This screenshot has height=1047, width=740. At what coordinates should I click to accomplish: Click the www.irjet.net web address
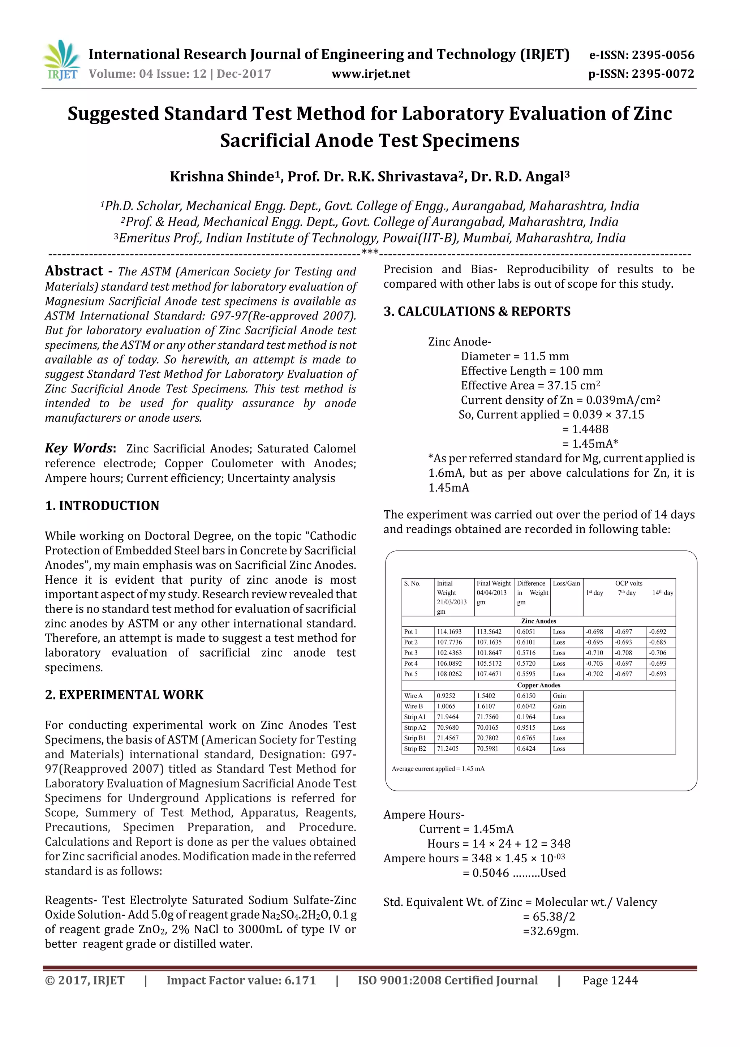370,74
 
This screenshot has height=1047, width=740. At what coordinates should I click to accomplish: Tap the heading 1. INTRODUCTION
102,506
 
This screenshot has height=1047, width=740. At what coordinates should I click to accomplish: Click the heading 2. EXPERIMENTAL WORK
124,695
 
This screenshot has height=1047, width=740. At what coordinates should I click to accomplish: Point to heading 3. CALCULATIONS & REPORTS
477,312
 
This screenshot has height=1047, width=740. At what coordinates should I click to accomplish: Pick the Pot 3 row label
410,653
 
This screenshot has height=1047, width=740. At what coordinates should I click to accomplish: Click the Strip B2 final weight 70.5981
487,749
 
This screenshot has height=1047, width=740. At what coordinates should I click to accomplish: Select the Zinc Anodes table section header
538,621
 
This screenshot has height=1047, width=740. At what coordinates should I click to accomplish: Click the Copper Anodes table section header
538,685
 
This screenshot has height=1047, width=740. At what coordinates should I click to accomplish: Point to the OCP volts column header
628,583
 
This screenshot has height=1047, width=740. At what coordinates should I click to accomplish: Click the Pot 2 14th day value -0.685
658,642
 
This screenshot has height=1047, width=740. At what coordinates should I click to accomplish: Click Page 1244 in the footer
610,981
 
